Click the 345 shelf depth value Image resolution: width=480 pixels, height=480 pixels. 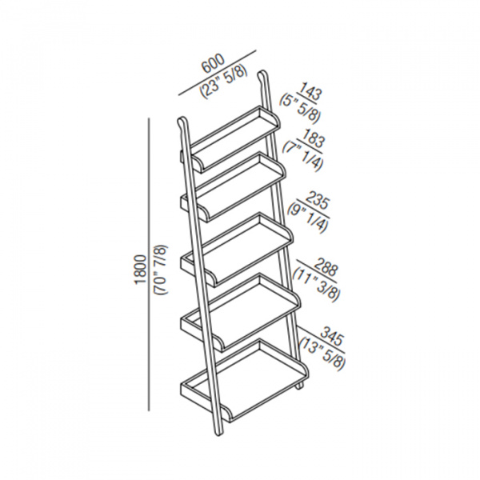click(x=330, y=330)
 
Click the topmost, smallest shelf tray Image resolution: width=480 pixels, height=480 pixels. click(x=232, y=133)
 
